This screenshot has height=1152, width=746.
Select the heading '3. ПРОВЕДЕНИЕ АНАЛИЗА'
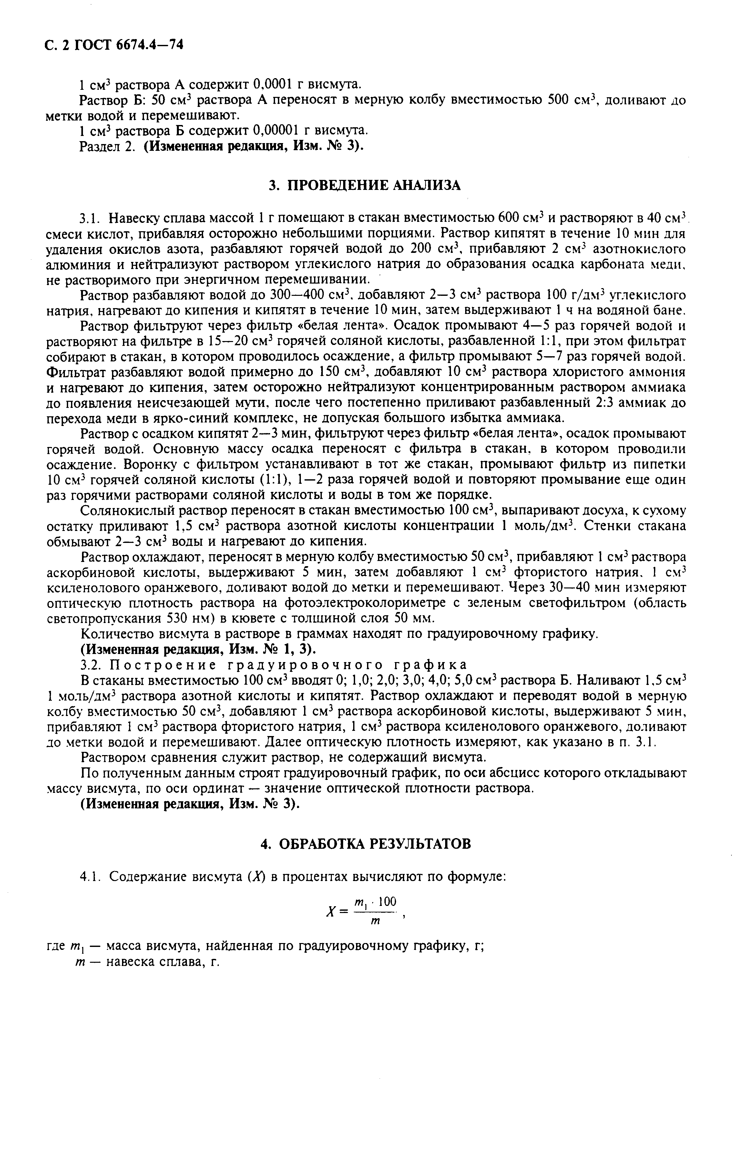365,185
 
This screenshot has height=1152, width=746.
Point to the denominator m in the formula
374,923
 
